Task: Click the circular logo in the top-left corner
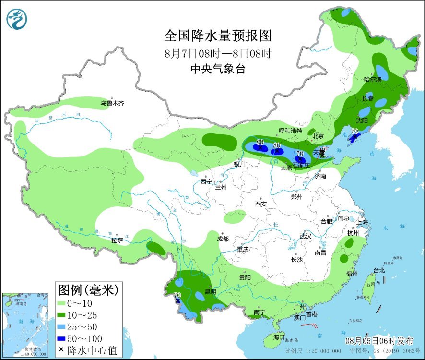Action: click(x=17, y=19)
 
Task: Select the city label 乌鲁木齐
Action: click(x=112, y=103)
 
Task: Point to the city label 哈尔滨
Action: click(x=373, y=79)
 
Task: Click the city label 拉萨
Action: click(x=117, y=240)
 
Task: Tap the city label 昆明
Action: click(x=211, y=291)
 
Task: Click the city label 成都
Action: click(x=223, y=239)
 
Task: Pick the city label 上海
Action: click(x=362, y=222)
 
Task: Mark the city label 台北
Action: click(x=379, y=270)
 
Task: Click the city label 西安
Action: click(x=261, y=204)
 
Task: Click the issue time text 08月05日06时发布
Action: click(x=379, y=341)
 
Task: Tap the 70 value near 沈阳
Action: click(x=355, y=131)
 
